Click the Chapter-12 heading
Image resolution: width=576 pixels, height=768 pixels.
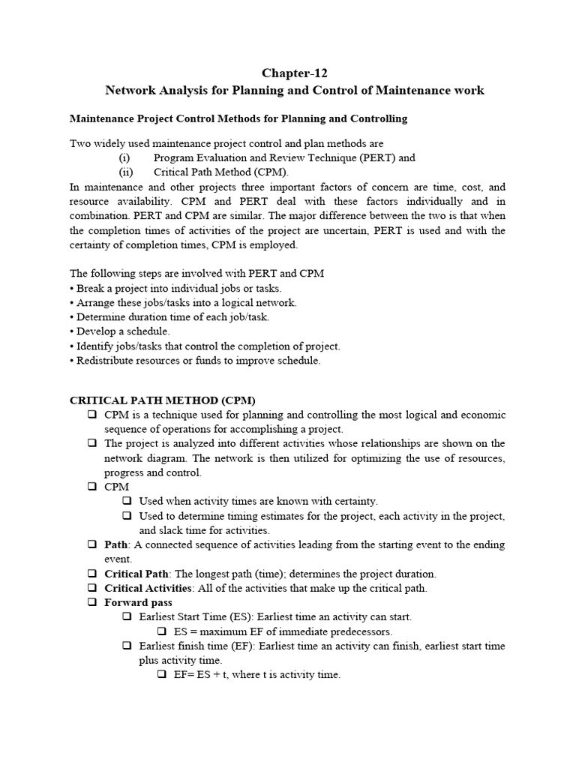(x=294, y=73)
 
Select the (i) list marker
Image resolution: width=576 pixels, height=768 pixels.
(x=124, y=158)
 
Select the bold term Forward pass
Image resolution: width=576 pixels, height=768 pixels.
(x=138, y=602)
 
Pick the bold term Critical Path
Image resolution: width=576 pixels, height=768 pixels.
(x=136, y=574)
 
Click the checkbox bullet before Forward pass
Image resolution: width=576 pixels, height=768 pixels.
(x=91, y=602)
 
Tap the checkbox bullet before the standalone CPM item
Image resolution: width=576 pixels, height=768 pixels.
(x=91, y=487)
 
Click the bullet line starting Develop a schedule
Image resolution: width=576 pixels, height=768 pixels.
(x=120, y=331)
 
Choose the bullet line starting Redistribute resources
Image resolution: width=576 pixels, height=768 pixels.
(x=195, y=361)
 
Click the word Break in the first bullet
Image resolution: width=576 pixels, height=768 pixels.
(x=90, y=288)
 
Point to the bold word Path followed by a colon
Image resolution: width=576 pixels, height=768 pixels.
(x=116, y=544)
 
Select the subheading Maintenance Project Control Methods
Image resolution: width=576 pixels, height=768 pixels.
(x=238, y=118)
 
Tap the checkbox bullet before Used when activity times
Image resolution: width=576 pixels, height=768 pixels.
(x=126, y=501)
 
